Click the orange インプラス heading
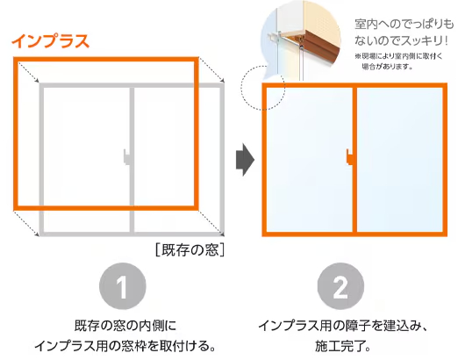click(52, 41)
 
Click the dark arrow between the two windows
click(245, 159)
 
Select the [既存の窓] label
click(190, 250)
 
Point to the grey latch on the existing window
click(126, 158)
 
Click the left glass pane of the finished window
click(308, 159)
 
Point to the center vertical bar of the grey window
click(132, 202)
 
